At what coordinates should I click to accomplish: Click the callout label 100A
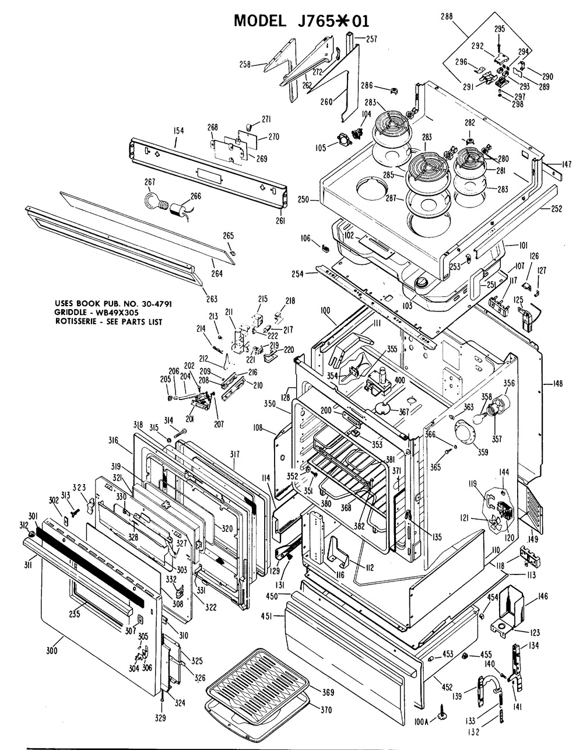420,721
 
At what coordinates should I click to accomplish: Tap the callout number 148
557,384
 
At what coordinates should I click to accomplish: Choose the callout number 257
371,39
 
